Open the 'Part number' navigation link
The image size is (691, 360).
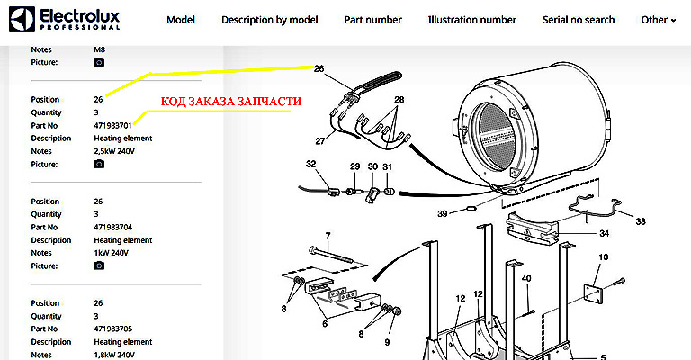[373, 20]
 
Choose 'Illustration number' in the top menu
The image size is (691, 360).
[472, 20]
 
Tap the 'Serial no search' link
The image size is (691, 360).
[579, 20]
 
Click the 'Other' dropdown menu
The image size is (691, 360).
[658, 20]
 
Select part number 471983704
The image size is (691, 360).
[112, 227]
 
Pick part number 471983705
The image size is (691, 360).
[112, 329]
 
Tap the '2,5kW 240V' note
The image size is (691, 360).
[115, 151]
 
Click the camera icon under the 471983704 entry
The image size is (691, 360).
[99, 266]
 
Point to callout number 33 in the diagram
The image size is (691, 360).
[640, 220]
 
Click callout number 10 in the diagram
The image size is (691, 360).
[602, 257]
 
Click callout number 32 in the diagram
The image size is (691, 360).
[310, 165]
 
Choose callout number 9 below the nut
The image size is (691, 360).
[388, 342]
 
